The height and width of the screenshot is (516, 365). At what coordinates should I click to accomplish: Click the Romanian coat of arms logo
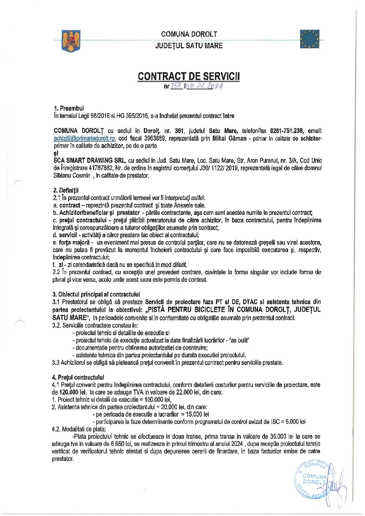click(71, 41)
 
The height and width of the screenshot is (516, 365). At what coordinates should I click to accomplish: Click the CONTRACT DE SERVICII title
click(188, 76)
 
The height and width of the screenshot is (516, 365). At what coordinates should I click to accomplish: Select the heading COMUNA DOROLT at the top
click(189, 34)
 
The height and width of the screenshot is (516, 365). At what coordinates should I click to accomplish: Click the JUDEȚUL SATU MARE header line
click(189, 46)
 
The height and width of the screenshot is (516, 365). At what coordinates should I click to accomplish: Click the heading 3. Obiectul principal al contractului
click(96, 294)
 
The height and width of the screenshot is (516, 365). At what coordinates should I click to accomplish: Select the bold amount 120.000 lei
click(72, 392)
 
